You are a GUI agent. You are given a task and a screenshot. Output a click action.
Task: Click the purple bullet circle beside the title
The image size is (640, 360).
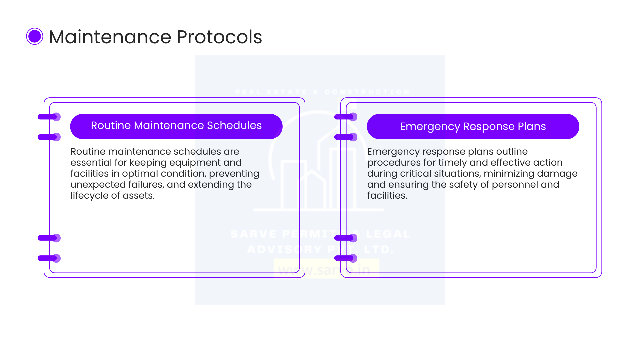(35, 36)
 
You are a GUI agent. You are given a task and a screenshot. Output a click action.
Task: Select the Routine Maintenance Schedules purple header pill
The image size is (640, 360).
(176, 126)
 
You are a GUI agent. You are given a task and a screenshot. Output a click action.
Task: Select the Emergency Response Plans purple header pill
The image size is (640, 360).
(473, 126)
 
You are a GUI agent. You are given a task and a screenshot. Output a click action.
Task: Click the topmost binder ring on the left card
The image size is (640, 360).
(49, 117)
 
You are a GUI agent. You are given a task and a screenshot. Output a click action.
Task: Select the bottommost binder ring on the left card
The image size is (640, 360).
(49, 258)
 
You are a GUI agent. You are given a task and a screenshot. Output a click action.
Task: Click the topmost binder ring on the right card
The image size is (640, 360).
(346, 117)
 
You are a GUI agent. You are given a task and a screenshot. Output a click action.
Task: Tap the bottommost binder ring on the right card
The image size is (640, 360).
(346, 258)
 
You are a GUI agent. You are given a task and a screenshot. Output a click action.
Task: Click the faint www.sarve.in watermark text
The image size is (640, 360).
(324, 270)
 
